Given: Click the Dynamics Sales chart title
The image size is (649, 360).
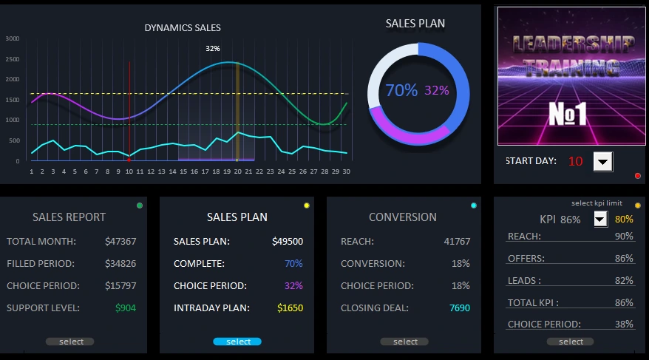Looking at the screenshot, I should pyautogui.click(x=183, y=28).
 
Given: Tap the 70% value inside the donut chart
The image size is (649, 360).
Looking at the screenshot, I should pyautogui.click(x=401, y=90).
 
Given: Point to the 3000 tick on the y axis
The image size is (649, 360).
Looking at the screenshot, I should pyautogui.click(x=12, y=38).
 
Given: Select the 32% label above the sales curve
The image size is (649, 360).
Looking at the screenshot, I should pyautogui.click(x=213, y=49).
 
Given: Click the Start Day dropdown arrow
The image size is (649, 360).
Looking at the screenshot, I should pyautogui.click(x=603, y=161).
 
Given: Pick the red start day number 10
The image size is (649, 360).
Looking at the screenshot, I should pyautogui.click(x=575, y=161).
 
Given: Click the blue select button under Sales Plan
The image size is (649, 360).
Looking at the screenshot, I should pyautogui.click(x=237, y=342).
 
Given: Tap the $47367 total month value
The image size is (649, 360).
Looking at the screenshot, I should pyautogui.click(x=120, y=241).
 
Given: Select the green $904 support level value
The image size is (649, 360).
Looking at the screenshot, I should pyautogui.click(x=125, y=308).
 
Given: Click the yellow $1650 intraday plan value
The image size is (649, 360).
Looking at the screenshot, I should pyautogui.click(x=290, y=308).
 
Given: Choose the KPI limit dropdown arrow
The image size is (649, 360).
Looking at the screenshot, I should pyautogui.click(x=600, y=219).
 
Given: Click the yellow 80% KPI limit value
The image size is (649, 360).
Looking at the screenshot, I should pyautogui.click(x=624, y=219).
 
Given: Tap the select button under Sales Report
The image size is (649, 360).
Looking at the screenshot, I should pyautogui.click(x=70, y=342).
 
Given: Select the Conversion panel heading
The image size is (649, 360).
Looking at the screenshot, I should pyautogui.click(x=402, y=217).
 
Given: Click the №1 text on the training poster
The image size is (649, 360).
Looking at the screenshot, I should pyautogui.click(x=567, y=114).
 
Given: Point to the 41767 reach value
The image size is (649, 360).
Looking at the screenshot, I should pyautogui.click(x=457, y=241).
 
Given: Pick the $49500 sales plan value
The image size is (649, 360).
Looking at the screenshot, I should pyautogui.click(x=287, y=241).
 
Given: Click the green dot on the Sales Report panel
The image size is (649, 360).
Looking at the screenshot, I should pyautogui.click(x=140, y=205).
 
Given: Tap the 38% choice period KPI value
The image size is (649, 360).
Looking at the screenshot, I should pyautogui.click(x=624, y=324).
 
